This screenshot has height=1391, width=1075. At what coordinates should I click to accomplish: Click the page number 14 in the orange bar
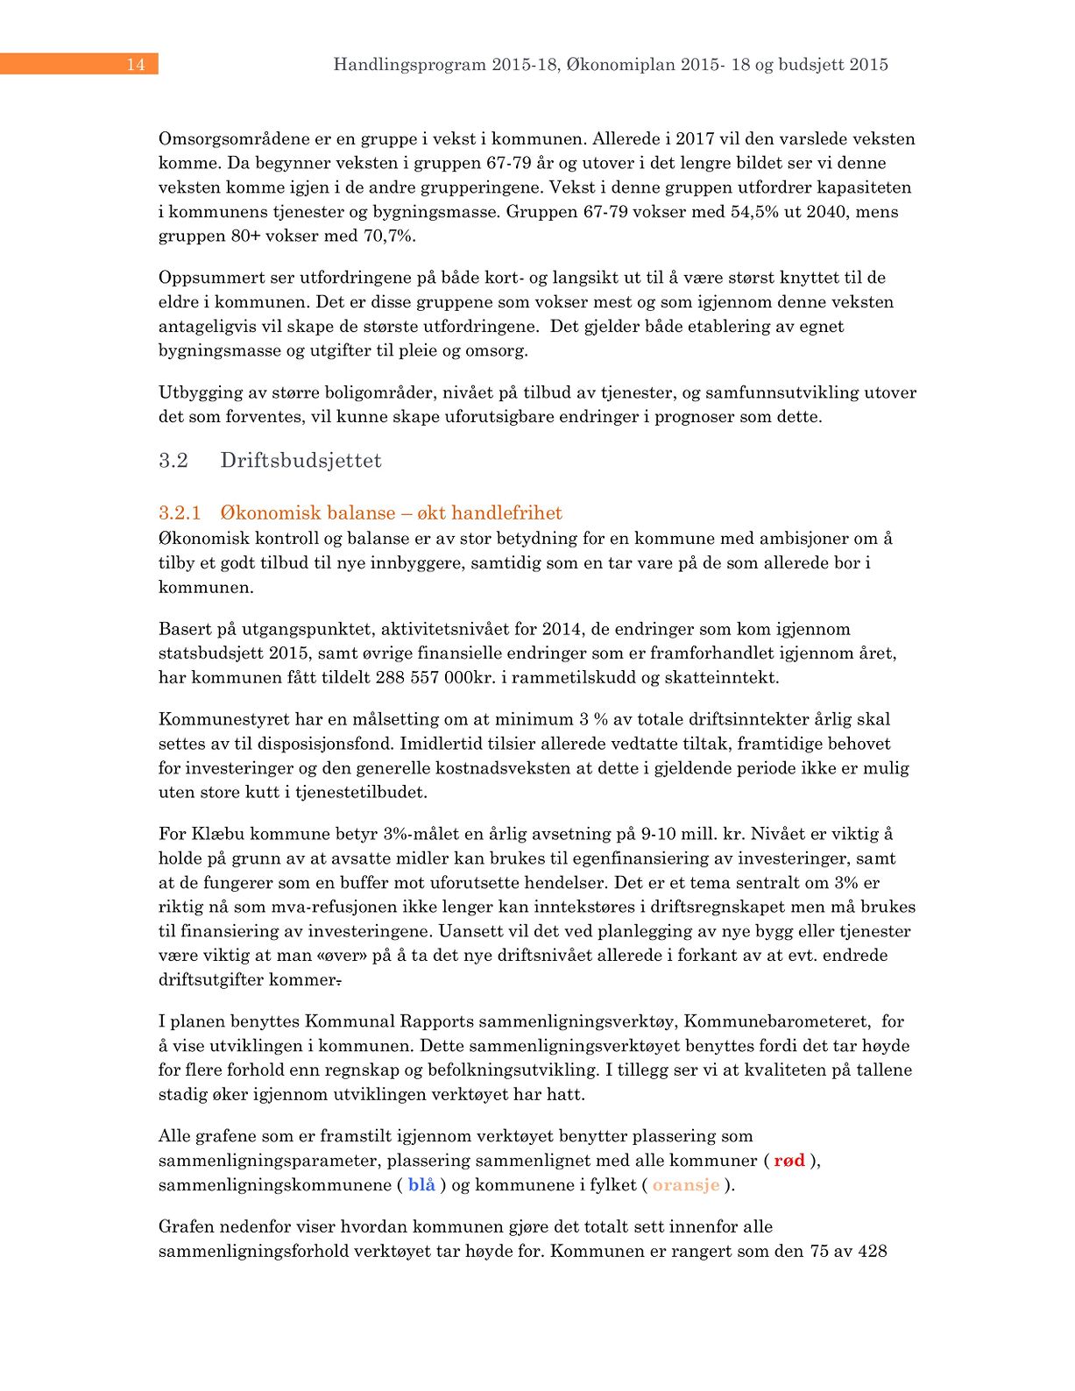[136, 64]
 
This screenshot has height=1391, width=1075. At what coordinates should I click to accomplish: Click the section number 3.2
[173, 461]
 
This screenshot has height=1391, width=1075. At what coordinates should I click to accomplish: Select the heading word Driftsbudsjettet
[301, 461]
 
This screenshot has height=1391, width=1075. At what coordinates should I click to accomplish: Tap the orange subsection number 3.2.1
[180, 512]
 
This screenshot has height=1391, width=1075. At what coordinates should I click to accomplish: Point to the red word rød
[789, 1161]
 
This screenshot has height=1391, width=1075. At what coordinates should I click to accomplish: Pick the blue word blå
[421, 1185]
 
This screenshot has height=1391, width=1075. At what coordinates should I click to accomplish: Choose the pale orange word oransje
[686, 1185]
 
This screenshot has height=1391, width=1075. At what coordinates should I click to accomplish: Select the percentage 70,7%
[387, 237]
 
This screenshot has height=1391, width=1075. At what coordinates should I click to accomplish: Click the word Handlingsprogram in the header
[409, 64]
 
